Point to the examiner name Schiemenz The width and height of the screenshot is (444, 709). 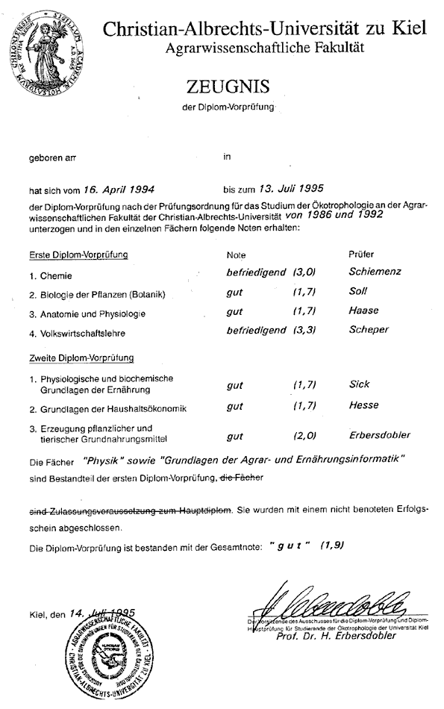(375, 272)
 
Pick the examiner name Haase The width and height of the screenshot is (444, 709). (363, 310)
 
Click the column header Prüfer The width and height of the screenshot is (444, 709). (362, 254)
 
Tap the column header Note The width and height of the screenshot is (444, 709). (236, 254)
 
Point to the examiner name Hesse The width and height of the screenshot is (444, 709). (363, 405)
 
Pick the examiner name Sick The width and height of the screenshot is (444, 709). (360, 384)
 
